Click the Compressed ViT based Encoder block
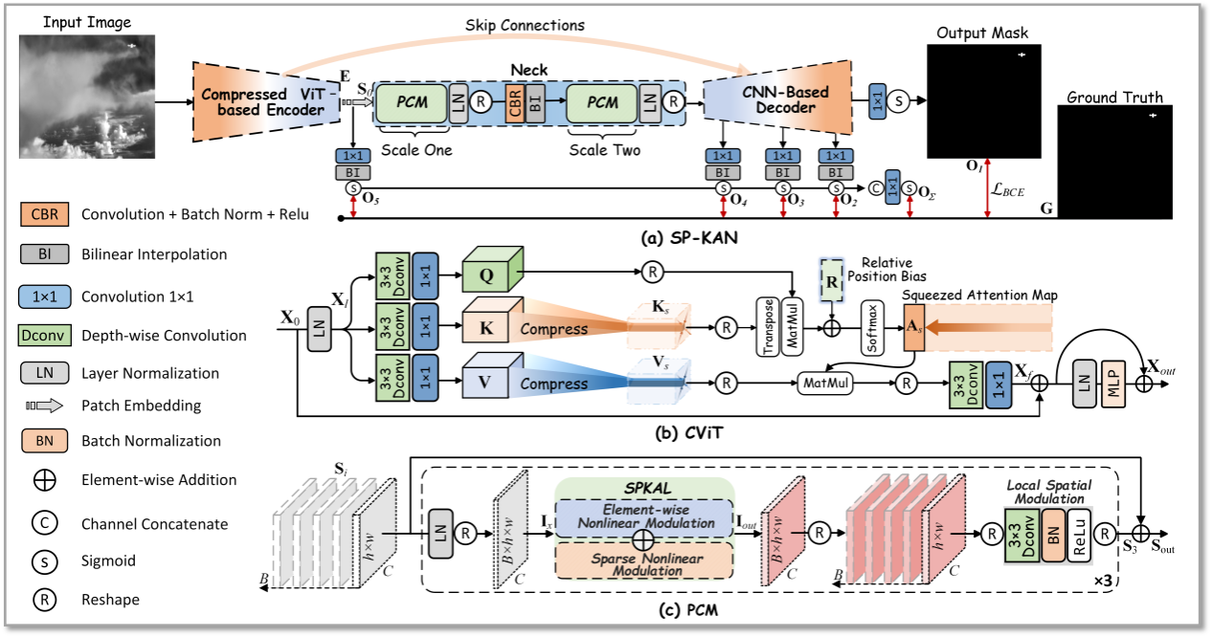(263, 101)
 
